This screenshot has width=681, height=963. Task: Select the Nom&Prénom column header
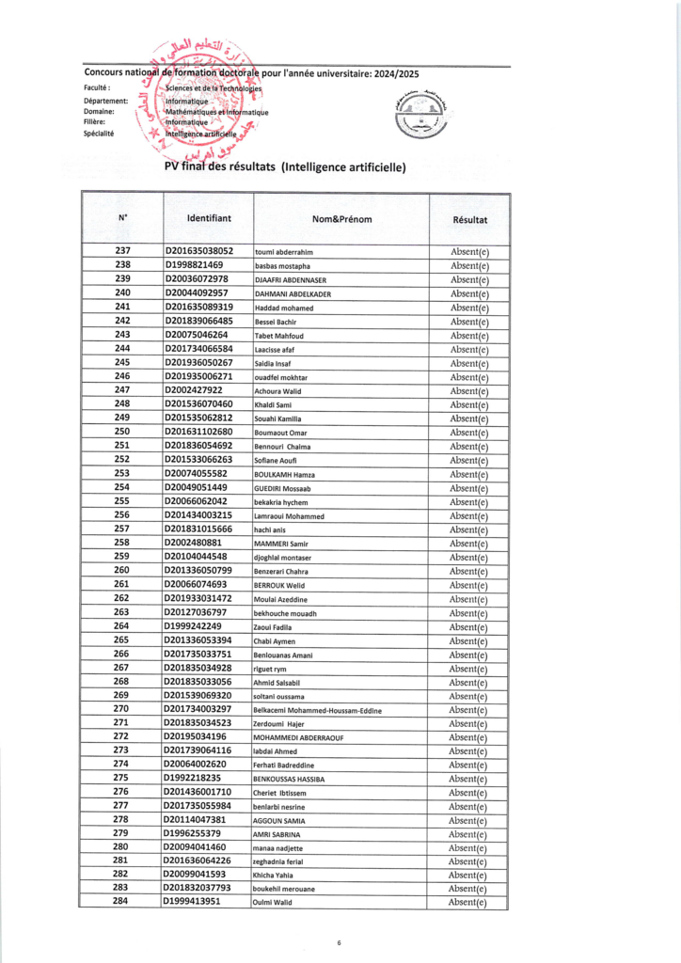(x=341, y=219)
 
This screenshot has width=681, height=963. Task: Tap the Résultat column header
(x=469, y=219)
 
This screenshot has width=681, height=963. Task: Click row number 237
(x=122, y=251)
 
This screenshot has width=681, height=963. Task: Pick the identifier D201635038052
(x=199, y=251)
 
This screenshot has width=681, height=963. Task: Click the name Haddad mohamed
(x=284, y=308)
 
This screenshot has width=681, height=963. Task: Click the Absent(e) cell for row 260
(x=469, y=571)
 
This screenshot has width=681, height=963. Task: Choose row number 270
(x=122, y=709)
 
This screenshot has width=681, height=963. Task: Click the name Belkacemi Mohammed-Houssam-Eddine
(x=319, y=710)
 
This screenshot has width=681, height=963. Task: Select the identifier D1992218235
(x=193, y=779)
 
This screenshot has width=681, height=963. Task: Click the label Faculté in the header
(x=97, y=87)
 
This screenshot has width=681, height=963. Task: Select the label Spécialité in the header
(x=99, y=134)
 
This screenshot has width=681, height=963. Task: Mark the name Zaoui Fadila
(x=275, y=627)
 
